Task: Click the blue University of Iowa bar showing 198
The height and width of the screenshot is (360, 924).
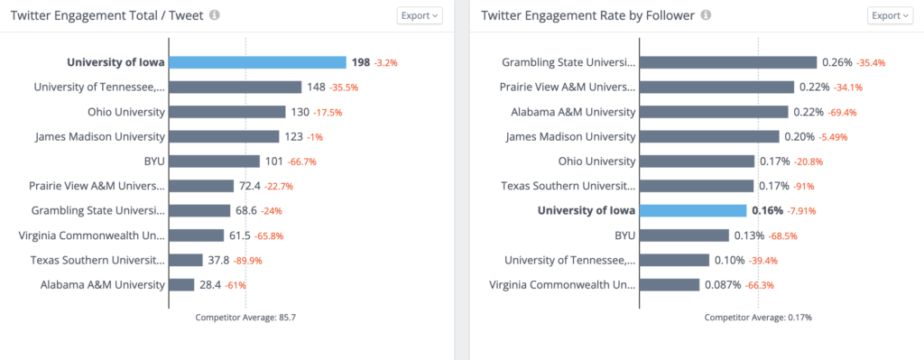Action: [x=258, y=62]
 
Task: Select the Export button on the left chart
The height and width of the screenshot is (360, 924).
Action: [x=420, y=15]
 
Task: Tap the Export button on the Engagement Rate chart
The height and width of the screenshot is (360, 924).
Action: [x=890, y=15]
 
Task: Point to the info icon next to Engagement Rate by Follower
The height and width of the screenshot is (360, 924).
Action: [x=706, y=15]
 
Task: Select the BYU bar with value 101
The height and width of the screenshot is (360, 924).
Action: [x=214, y=162]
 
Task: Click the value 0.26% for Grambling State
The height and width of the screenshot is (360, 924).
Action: [x=836, y=62]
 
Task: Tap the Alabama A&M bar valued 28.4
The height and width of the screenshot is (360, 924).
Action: [x=181, y=284]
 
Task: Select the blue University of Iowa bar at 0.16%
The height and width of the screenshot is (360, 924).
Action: [x=692, y=210]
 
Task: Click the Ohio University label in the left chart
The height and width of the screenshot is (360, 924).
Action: [x=126, y=112]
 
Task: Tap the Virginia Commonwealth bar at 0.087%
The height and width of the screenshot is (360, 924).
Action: [x=669, y=284]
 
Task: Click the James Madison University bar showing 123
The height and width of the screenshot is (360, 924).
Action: [x=224, y=136]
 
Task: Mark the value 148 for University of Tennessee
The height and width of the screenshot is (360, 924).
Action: [x=316, y=88]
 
